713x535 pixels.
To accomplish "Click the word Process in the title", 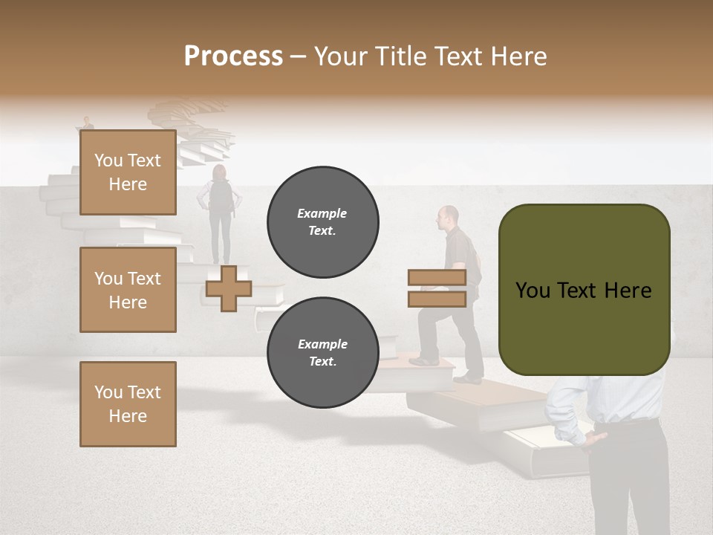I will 233,56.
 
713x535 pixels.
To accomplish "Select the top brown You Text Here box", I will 128,172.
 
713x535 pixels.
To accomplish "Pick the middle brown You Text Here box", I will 128,290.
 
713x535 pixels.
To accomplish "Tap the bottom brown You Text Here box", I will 128,403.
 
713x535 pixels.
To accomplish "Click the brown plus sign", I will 229,288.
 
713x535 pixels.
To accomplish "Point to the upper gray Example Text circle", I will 322,222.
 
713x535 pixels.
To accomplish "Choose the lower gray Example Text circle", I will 322,353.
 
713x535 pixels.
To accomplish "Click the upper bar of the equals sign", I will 437,278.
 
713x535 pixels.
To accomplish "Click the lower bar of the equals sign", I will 437,299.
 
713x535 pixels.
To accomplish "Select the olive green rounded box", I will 584,290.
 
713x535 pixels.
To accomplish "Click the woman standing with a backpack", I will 219,212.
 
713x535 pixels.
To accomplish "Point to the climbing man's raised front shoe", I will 423,360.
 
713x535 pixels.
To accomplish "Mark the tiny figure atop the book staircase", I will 88,123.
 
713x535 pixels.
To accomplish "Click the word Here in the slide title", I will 518,56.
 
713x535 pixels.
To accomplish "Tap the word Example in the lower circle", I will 322,344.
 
